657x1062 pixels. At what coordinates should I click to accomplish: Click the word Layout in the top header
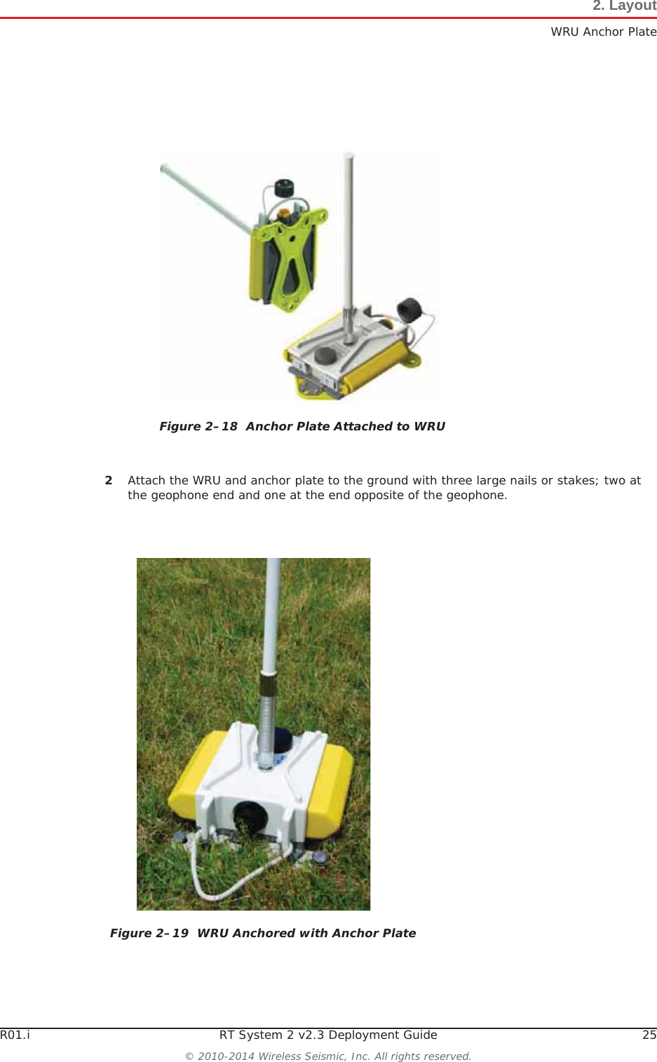632,6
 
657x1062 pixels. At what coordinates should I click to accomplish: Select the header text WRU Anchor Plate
603,32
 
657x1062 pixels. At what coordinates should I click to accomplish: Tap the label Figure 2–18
198,426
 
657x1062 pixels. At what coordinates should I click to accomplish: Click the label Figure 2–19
149,933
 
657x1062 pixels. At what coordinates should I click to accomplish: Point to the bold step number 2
109,480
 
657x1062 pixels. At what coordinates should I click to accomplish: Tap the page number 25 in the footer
649,1035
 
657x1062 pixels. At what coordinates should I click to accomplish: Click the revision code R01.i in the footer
15,1035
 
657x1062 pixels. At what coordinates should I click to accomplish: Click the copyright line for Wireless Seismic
328,1056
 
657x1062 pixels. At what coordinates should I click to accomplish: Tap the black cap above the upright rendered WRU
283,188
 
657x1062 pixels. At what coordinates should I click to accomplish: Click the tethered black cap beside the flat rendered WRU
409,308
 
